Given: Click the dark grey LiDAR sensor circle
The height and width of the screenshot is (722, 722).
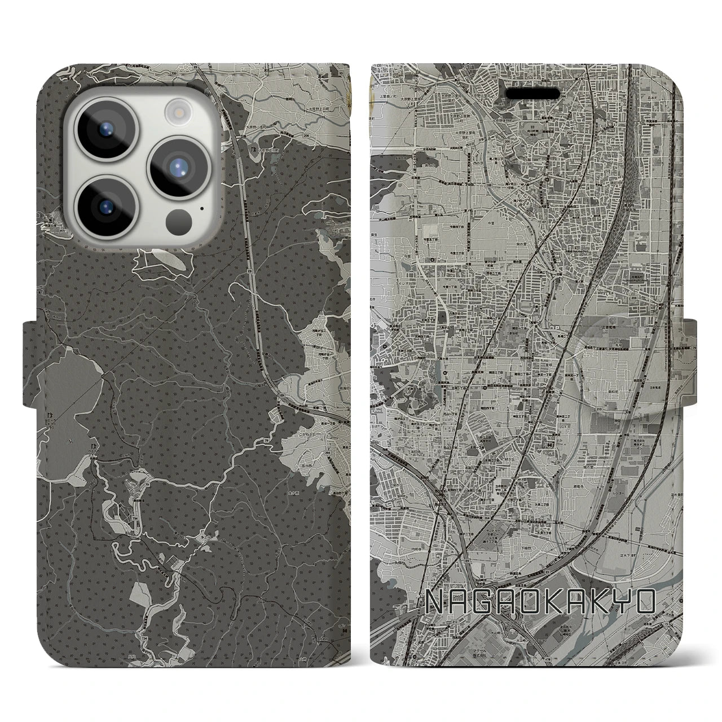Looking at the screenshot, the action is [x=180, y=217].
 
